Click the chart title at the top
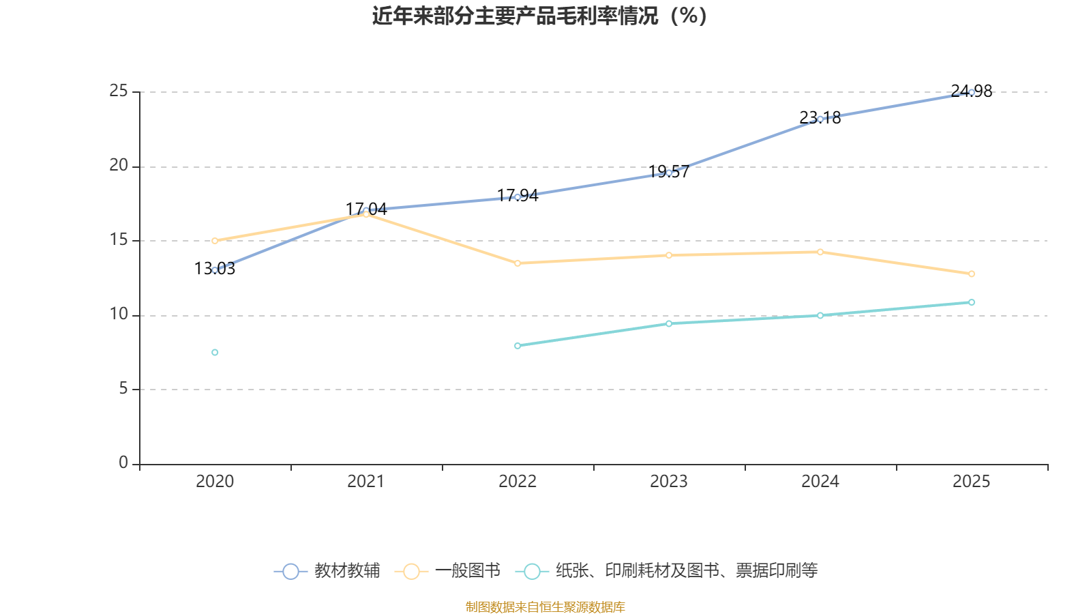point(540,16)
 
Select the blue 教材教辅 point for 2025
point(971,92)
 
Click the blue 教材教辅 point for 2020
point(215,270)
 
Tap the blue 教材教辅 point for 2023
point(669,173)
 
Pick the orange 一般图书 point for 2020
point(215,241)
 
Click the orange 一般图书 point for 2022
point(518,263)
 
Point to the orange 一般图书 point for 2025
point(971,274)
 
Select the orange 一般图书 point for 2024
point(820,252)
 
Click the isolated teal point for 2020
point(215,352)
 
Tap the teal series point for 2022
point(518,346)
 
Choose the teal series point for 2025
point(971,302)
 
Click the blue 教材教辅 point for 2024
point(820,119)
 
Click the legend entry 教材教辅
point(327,571)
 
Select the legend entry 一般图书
point(448,571)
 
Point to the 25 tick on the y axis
point(119,91)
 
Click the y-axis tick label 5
point(123,389)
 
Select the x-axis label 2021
point(366,482)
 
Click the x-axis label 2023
point(669,482)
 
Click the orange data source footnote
point(545,606)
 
